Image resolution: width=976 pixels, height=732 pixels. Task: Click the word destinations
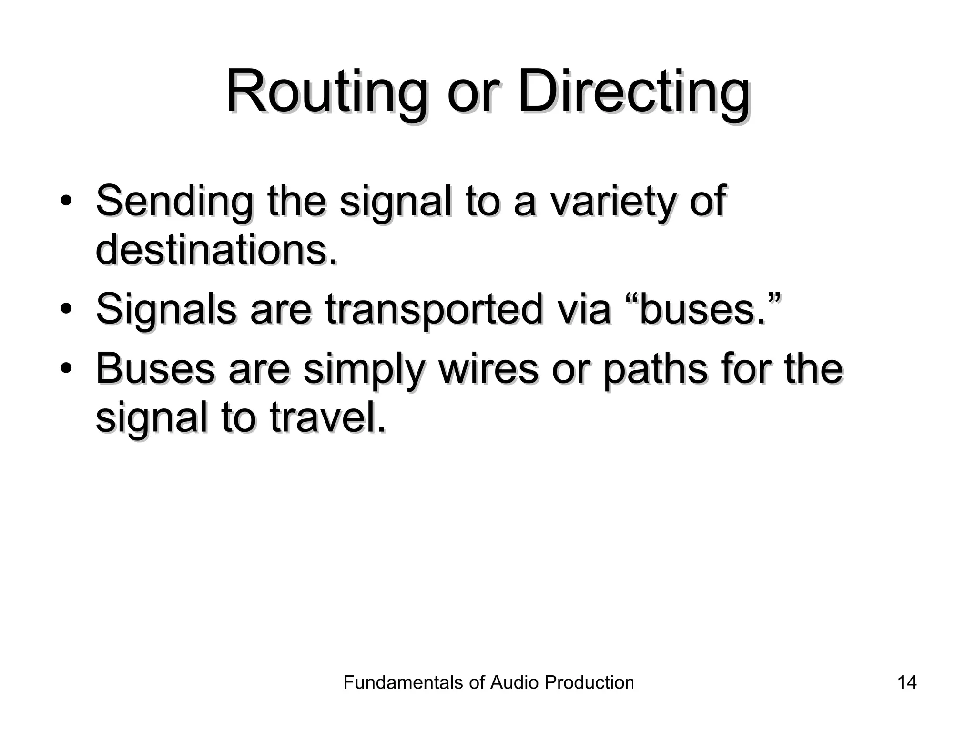[x=217, y=250]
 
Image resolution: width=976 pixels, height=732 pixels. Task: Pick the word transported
[x=434, y=310]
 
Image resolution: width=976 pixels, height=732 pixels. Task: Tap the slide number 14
[x=906, y=682]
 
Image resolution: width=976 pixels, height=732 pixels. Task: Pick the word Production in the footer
[x=589, y=682]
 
